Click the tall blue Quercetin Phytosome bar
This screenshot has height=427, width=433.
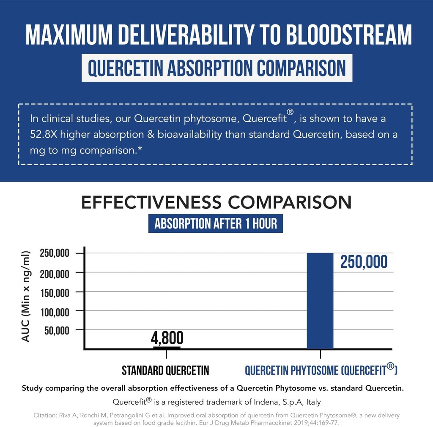click(x=320, y=301)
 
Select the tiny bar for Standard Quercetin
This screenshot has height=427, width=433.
click(x=167, y=348)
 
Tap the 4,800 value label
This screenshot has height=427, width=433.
click(x=167, y=338)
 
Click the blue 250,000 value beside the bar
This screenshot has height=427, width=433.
click(x=364, y=262)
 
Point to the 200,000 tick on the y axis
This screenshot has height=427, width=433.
click(x=55, y=274)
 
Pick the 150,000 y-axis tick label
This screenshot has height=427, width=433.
click(x=55, y=292)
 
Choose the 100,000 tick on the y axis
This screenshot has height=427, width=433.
click(x=55, y=312)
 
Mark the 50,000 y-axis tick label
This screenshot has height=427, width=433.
click(x=57, y=330)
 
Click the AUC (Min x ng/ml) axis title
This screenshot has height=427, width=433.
click(x=26, y=296)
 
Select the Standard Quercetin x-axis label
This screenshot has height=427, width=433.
click(x=165, y=371)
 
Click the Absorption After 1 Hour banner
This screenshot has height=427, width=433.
click(x=215, y=223)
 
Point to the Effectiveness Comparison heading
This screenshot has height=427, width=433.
click(x=216, y=202)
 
